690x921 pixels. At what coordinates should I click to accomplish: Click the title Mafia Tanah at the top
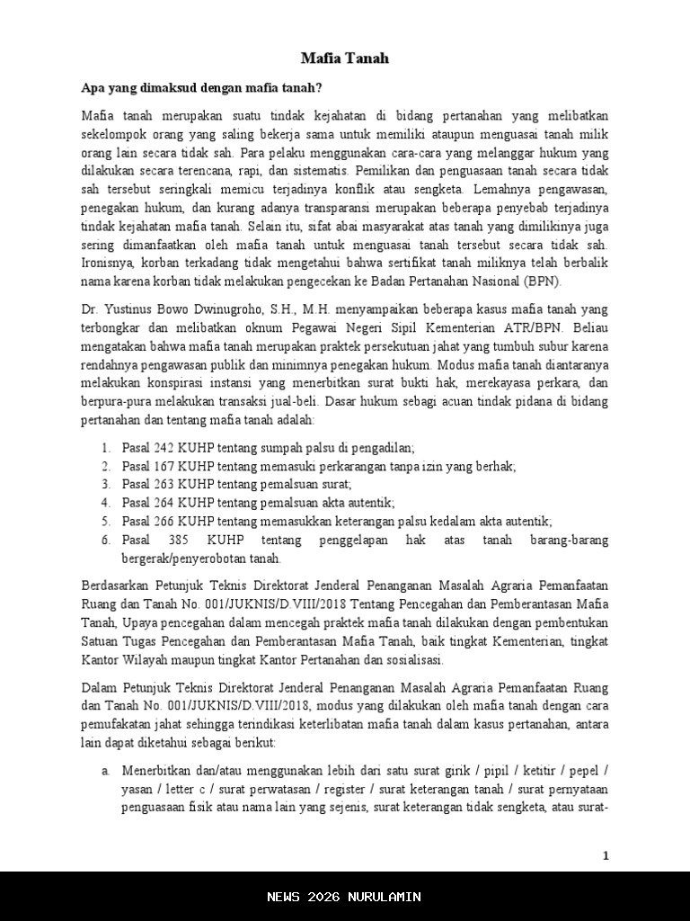(344, 59)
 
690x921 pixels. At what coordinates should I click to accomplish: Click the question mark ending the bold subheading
(320, 89)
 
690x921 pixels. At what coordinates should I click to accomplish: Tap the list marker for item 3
(105, 485)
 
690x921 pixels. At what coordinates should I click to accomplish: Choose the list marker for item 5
(105, 521)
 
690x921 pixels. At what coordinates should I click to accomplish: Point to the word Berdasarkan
(116, 586)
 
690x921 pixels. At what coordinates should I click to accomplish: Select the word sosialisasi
(412, 659)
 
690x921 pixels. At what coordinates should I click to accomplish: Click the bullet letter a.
(105, 772)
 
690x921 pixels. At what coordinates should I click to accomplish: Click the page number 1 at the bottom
(606, 855)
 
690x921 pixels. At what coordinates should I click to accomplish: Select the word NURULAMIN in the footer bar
(387, 897)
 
